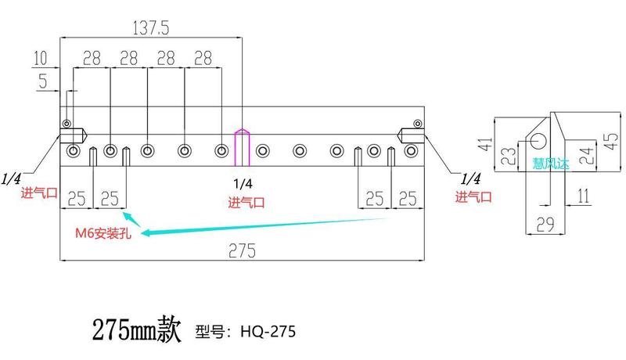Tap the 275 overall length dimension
[243, 251]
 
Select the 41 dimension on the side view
[484, 145]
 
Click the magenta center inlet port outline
[242, 147]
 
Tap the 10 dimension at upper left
[41, 58]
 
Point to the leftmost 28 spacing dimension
[92, 59]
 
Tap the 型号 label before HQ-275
[210, 332]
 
